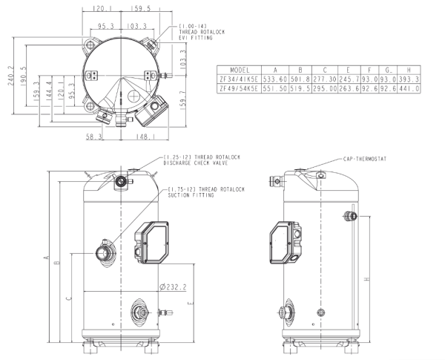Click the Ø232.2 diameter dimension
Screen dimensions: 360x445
point(171,287)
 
